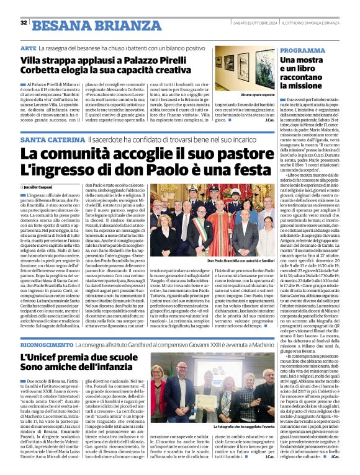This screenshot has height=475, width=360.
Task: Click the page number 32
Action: pyautogui.click(x=24, y=23)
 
